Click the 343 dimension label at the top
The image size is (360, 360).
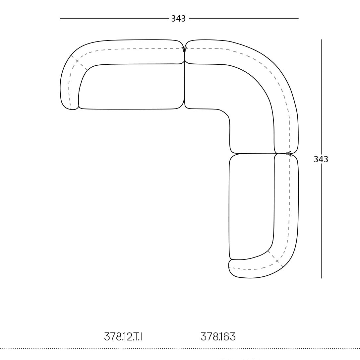[x=178, y=19]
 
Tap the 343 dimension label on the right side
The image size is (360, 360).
[x=321, y=159]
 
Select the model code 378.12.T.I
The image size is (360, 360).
[x=123, y=337]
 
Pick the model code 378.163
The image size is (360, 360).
[x=218, y=337]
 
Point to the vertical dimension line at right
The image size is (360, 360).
[x=321, y=100]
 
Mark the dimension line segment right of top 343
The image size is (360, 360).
[x=243, y=18]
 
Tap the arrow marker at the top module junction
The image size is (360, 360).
[x=184, y=49]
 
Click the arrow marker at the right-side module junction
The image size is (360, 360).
[x=289, y=154]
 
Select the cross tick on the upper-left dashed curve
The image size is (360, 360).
[x=77, y=61]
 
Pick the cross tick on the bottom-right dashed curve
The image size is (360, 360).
[x=277, y=261]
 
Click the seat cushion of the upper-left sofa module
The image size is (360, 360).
[x=133, y=86]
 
